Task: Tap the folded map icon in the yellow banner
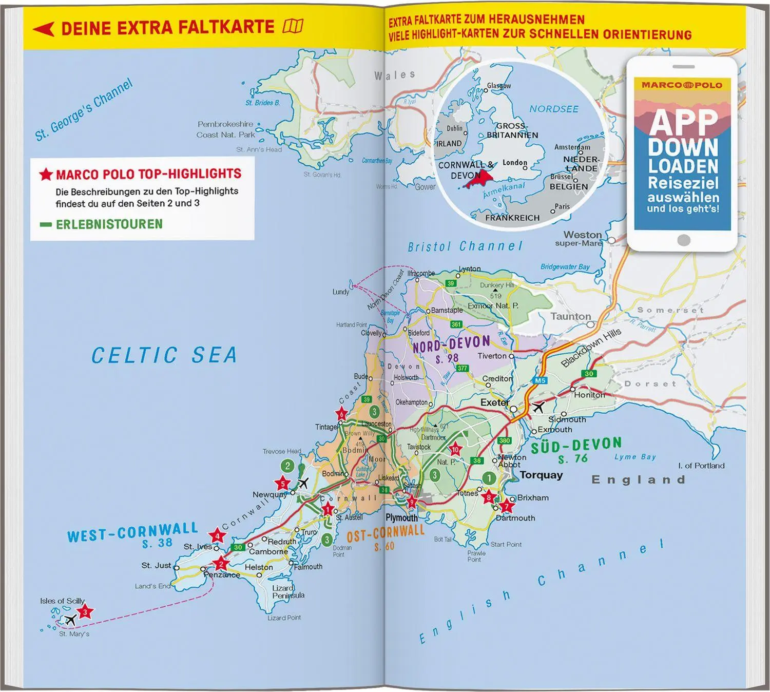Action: coord(293,26)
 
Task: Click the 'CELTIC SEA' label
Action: coord(164,355)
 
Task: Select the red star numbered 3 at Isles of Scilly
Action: coord(85,611)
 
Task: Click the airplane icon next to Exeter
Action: coord(537,408)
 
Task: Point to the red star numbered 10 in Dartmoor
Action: coord(455,450)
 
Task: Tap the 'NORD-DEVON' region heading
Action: coord(451,344)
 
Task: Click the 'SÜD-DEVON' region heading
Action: coord(576,445)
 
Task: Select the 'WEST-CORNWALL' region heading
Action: coord(132,533)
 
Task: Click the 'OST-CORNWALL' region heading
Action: coord(386,534)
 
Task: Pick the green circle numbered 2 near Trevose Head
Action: coord(287,466)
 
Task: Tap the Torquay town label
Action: coord(541,475)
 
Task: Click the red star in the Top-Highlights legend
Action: coord(46,175)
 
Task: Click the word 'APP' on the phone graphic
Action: coord(682,122)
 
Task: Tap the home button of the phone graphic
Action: coord(683,240)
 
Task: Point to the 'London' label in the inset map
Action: coord(514,163)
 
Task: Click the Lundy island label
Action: coord(340,292)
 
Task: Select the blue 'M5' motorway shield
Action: coord(540,380)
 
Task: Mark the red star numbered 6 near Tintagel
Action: coord(341,414)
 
